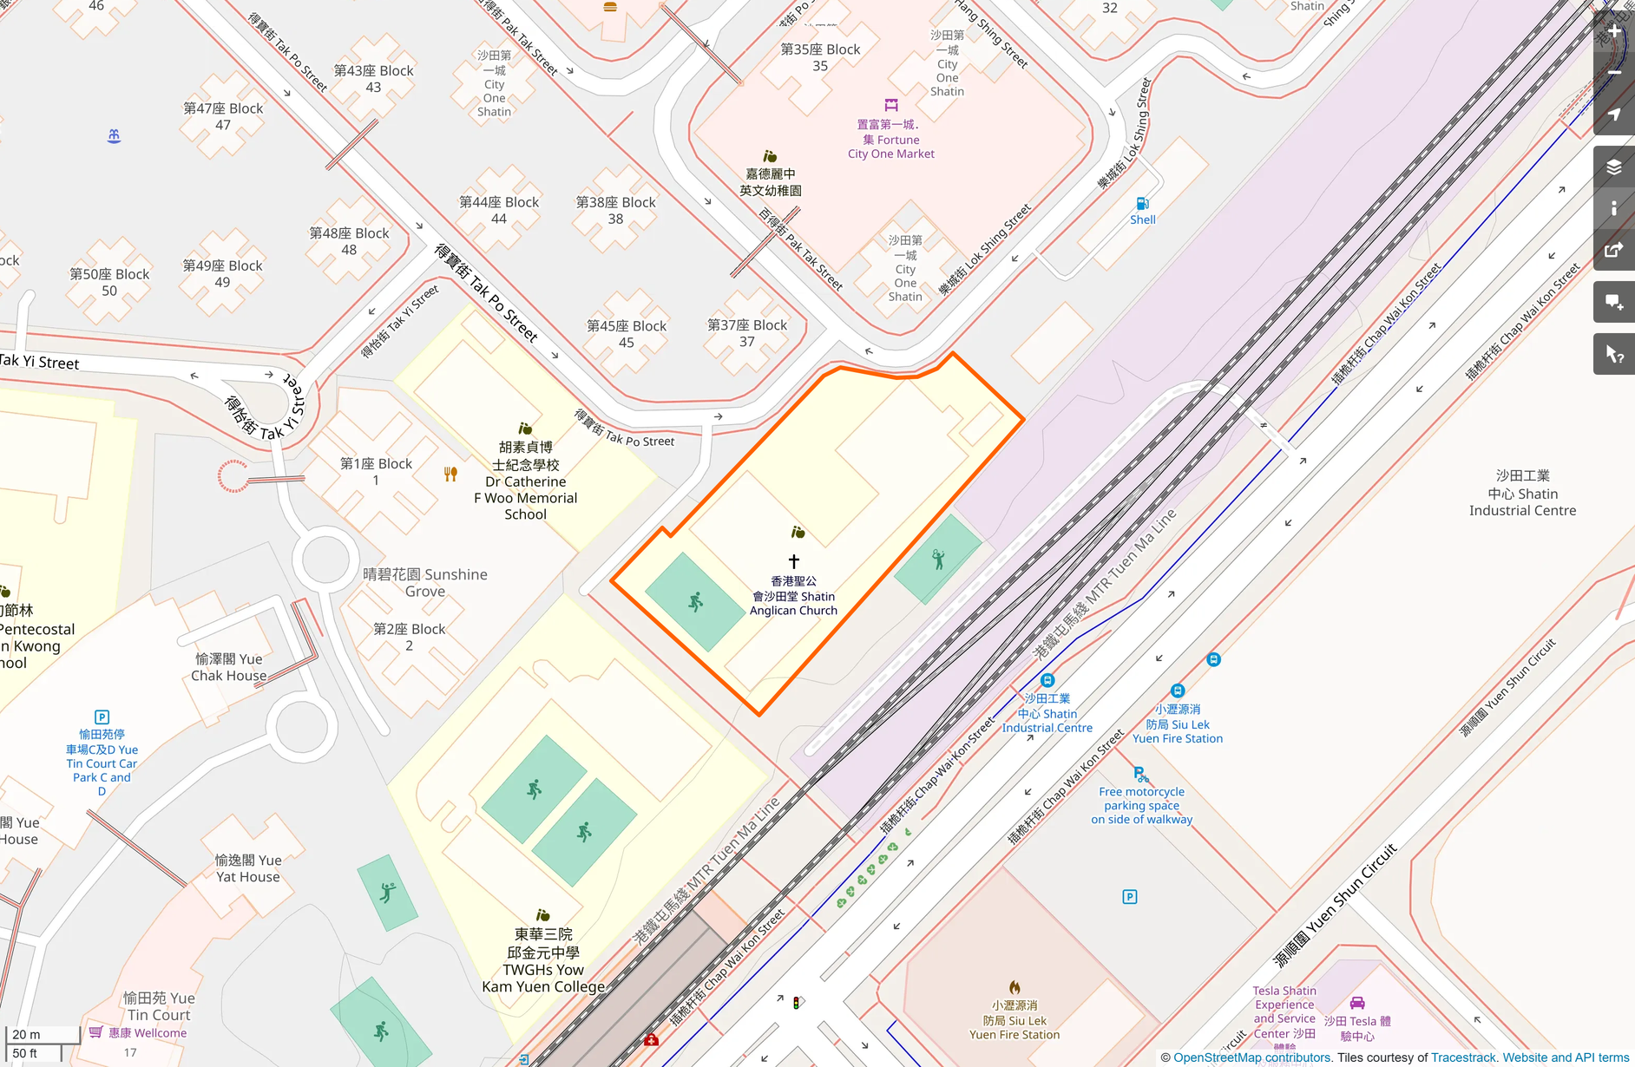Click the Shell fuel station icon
pos(1142,204)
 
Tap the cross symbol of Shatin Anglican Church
pos(793,561)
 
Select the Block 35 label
pos(820,57)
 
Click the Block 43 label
pos(373,78)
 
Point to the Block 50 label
pos(109,282)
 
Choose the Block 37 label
pos(746,333)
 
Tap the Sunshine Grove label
pos(425,582)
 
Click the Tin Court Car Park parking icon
pos(102,717)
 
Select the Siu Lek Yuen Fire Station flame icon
pos(1014,987)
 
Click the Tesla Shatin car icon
pos(1357,1003)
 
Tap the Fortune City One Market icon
pos(891,105)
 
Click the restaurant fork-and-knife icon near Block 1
pos(450,474)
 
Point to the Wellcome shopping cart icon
pos(96,1031)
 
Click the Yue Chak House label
pos(229,667)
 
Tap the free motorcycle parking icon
pos(1140,774)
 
